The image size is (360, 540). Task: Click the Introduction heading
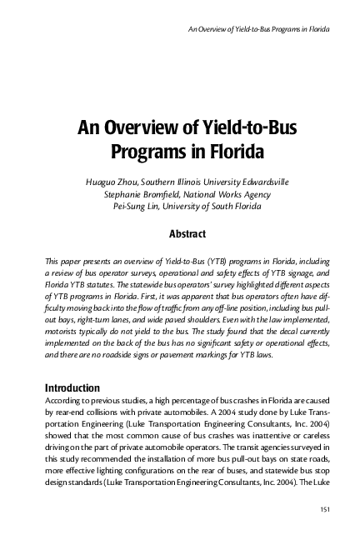pos(72,387)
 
